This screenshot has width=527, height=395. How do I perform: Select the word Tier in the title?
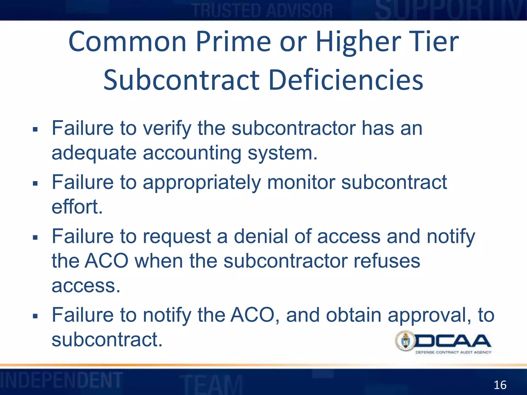tap(433, 42)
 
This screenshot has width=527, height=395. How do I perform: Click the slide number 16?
tap(500, 385)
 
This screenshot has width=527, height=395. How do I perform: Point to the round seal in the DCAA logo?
tap(406, 341)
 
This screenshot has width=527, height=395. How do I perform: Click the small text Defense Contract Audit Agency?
tap(453, 352)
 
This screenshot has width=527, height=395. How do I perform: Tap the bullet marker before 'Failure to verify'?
tap(35, 129)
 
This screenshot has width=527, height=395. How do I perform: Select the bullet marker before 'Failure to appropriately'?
tap(35, 183)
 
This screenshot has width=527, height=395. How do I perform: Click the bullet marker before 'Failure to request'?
tap(35, 237)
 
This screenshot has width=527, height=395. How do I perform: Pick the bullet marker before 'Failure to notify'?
tap(35, 316)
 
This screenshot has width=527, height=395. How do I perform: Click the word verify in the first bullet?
tap(167, 128)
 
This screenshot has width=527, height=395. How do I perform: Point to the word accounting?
tap(192, 153)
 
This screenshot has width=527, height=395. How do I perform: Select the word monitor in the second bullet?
tap(301, 182)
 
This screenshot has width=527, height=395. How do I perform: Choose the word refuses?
tap(387, 261)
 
